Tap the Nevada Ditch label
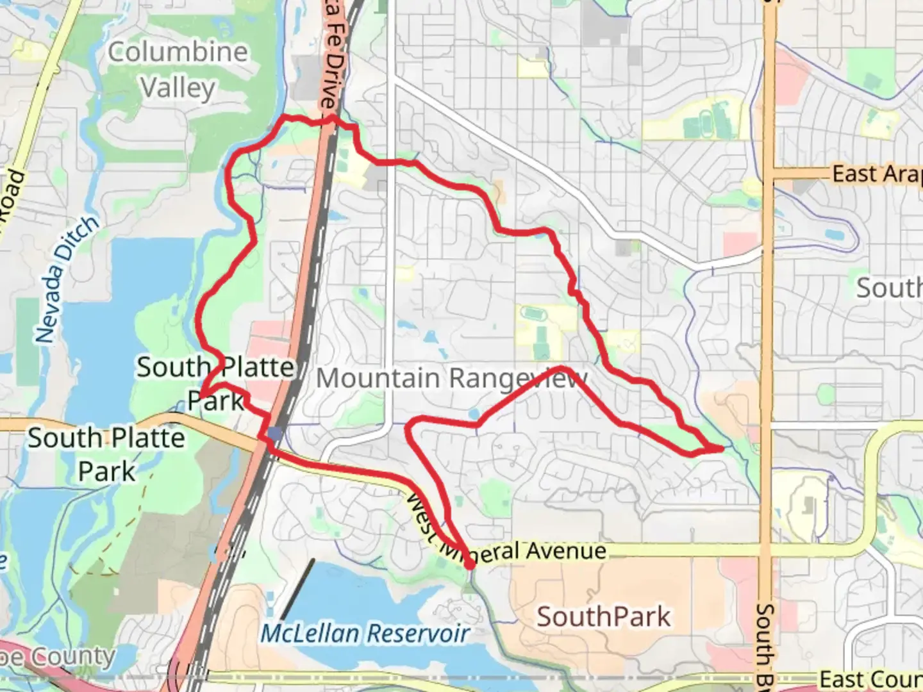tap(67, 279)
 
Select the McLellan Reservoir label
tap(365, 633)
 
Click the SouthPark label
tap(603, 616)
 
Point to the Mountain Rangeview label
tap(451, 378)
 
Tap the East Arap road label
tap(877, 174)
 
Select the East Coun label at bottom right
tap(870, 679)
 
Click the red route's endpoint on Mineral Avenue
tap(470, 566)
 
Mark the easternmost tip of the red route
tap(722, 449)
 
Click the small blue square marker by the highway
tap(275, 434)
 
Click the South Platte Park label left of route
tap(215, 384)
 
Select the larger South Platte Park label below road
tap(106, 454)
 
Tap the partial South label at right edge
tap(890, 288)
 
